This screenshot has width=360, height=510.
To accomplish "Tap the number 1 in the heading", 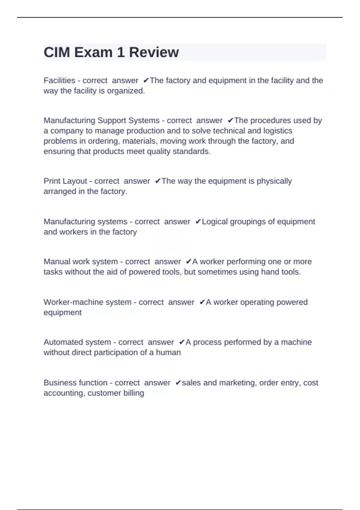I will [121, 52].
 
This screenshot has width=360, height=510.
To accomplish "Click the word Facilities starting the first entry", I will [59, 80].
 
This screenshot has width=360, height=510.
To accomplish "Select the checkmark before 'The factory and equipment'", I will [146, 80].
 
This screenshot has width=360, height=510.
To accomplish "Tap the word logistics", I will [277, 131].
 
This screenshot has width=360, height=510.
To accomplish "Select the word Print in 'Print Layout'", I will [50, 181].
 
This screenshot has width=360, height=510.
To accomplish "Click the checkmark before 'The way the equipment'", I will [158, 181].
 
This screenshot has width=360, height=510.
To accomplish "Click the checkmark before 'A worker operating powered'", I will [202, 302].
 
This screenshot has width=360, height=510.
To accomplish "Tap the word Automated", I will [62, 342].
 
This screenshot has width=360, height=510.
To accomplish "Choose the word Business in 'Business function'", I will [60, 383].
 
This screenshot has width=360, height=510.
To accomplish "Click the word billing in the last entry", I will [133, 393].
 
